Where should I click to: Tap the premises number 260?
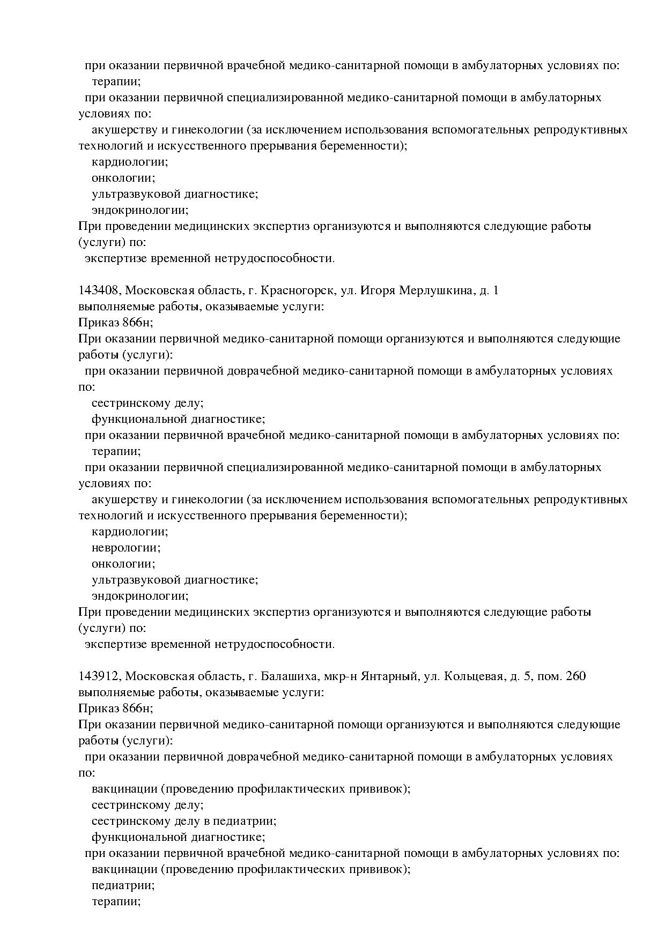pos(575,676)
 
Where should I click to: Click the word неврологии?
pos(126,548)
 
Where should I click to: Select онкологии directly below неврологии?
pos(123,564)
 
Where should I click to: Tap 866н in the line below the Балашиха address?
pos(137,708)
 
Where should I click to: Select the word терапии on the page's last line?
pos(116,901)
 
